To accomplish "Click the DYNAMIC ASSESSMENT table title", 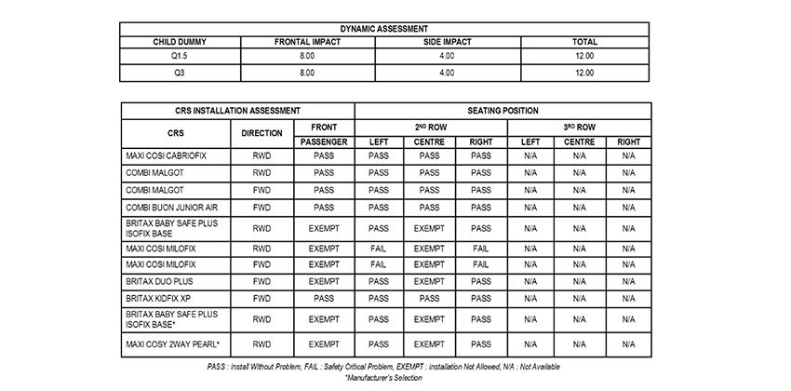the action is click(x=395, y=29).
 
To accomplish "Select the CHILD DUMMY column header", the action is click(x=180, y=42).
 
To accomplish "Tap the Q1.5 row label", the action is click(x=180, y=57).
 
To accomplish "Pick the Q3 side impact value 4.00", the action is click(x=447, y=72).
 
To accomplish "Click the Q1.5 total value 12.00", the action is click(x=584, y=57).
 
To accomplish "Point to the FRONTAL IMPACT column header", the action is click(x=308, y=42).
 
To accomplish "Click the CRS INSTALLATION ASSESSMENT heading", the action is click(x=236, y=111).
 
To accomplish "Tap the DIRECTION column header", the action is click(x=261, y=133).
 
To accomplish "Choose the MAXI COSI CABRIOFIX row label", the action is click(x=166, y=156).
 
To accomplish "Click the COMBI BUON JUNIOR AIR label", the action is click(x=171, y=207).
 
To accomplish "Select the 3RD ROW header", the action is click(x=579, y=126).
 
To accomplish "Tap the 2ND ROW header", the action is click(x=429, y=126).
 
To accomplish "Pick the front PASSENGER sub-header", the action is click(x=324, y=142).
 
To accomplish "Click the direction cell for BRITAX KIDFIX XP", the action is click(x=261, y=298).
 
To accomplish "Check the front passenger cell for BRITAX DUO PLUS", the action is click(x=324, y=280).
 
